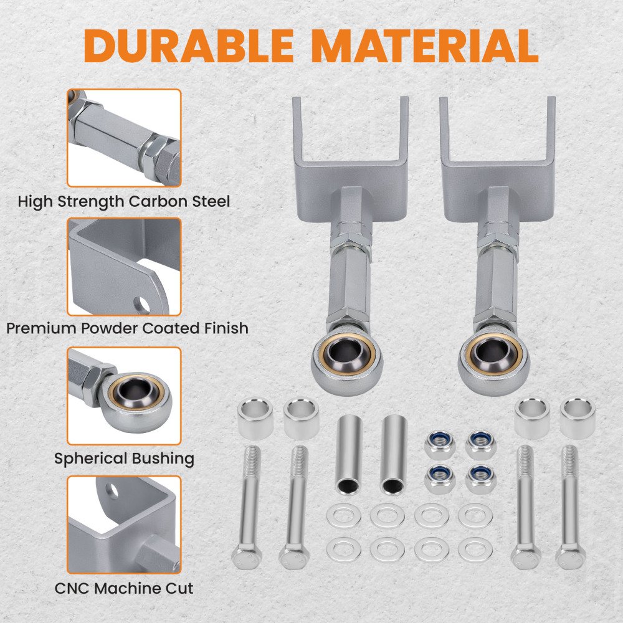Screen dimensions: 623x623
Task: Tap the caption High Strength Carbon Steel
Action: [x=124, y=201]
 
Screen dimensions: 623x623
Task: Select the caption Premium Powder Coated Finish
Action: [x=128, y=328]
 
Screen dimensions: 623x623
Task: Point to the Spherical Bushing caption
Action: [x=125, y=459]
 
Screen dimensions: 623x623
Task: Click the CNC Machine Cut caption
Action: [x=124, y=589]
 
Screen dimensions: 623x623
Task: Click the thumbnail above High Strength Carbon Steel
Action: [x=124, y=138]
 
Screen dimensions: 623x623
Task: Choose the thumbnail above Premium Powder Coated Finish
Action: [x=124, y=267]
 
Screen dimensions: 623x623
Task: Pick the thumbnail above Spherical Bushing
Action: [x=124, y=396]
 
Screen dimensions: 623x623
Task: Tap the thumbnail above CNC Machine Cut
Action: [x=124, y=525]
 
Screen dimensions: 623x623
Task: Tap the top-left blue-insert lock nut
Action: [x=439, y=445]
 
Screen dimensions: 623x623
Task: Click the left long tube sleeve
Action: [x=348, y=455]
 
